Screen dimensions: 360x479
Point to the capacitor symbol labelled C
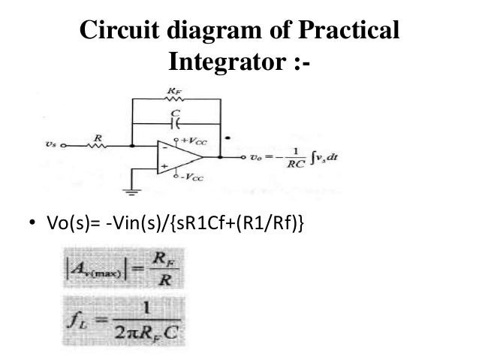click(x=176, y=122)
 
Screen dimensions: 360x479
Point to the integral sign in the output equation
click(x=308, y=159)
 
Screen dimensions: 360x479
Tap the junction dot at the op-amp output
click(x=220, y=157)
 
